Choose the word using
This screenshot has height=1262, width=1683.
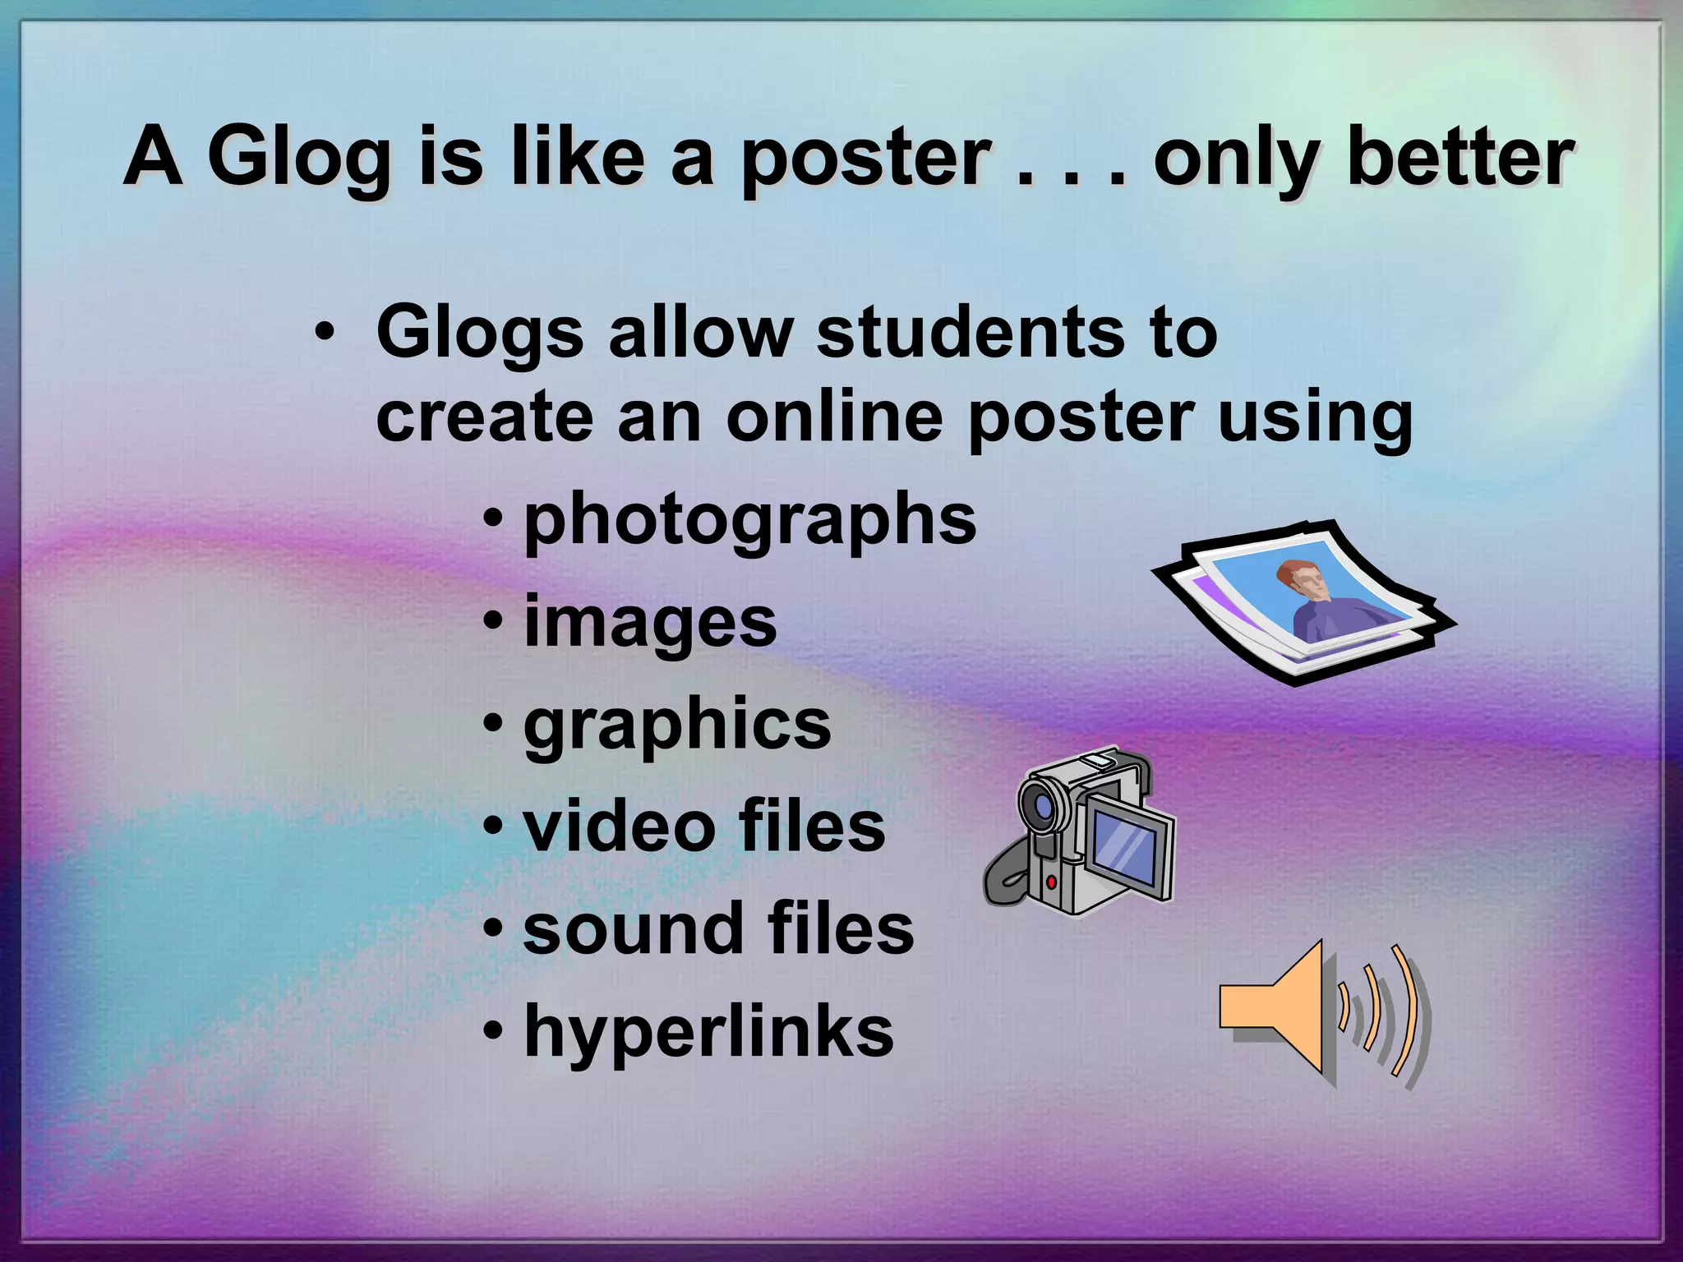click(1314, 419)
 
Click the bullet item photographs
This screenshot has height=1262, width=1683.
click(749, 521)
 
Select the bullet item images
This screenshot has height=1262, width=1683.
click(650, 623)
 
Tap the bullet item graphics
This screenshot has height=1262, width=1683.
click(677, 726)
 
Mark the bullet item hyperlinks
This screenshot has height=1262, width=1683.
click(708, 1032)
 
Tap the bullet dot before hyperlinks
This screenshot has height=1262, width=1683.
click(493, 1032)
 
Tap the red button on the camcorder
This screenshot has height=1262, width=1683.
click(1051, 882)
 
